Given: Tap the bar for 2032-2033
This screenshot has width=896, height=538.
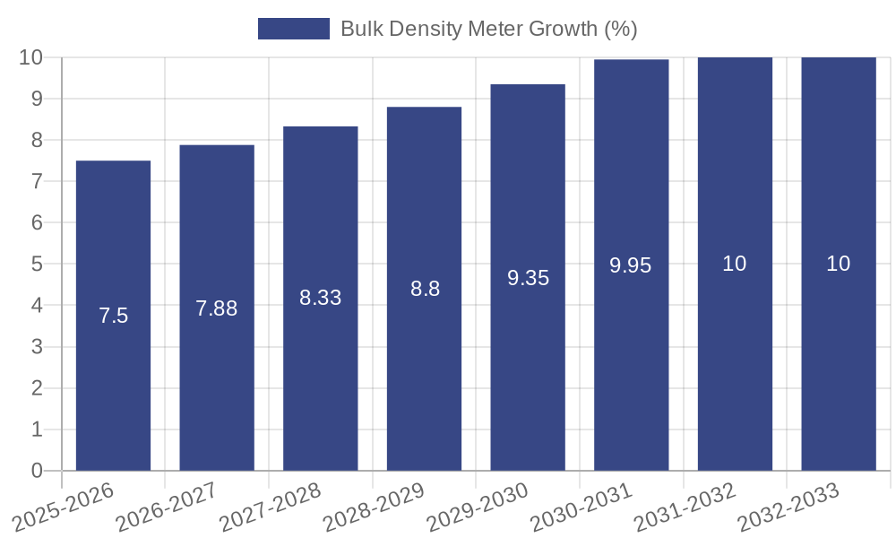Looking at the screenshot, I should coord(839,359).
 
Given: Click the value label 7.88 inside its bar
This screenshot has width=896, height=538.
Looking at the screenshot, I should coord(217,308).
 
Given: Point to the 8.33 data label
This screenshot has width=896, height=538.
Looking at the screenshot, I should coord(321,298).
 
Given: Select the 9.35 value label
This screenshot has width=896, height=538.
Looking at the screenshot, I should coord(528,278).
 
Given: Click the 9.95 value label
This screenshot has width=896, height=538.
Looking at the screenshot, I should coord(631,265).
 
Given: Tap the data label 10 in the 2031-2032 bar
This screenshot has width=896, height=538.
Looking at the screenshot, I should coord(735,264).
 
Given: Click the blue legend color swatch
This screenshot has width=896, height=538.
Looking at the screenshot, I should coord(294,29).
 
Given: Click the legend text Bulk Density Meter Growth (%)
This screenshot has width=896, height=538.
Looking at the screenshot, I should coord(488,29).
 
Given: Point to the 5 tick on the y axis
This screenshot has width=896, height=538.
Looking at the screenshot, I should coord(37,265).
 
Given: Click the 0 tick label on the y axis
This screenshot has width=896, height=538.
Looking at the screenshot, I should coord(37,471).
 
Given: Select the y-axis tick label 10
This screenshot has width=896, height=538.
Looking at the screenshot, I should coord(31,57).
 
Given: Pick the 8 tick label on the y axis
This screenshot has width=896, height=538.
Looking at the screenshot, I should coord(37,140).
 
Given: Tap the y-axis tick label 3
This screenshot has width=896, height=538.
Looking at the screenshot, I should coord(37,347).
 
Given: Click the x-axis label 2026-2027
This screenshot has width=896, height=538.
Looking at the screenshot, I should coord(167,508).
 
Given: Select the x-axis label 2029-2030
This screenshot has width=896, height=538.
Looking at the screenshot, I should coord(477,508).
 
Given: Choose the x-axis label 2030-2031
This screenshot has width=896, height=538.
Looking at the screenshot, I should coord(581,508).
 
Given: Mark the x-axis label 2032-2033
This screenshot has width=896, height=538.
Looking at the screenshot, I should coord(788,508).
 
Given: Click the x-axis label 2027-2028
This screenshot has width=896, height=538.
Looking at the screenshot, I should coord(270,508).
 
